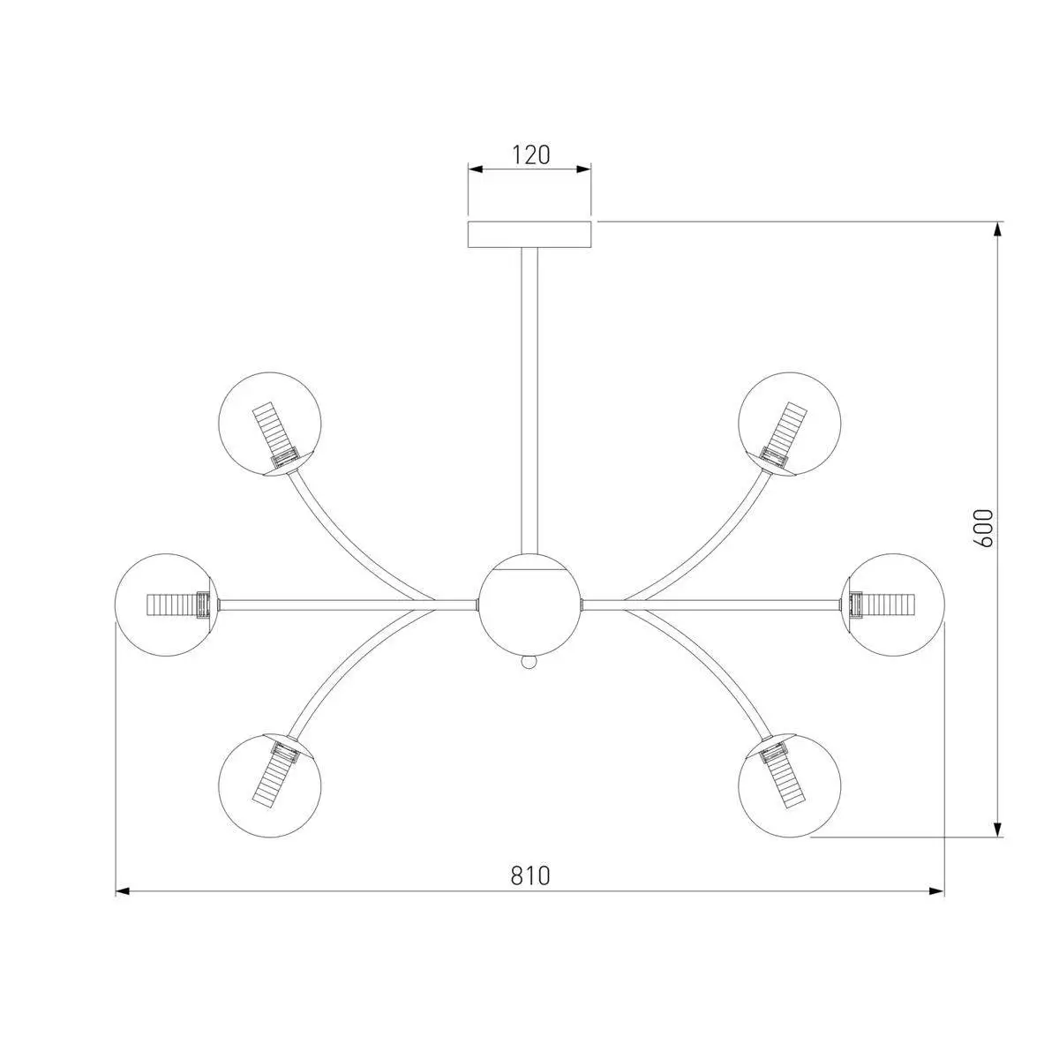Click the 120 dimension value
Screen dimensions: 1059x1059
point(531,155)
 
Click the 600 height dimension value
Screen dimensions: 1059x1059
point(983,528)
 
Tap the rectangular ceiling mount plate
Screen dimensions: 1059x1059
point(529,235)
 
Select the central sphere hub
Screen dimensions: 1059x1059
point(529,605)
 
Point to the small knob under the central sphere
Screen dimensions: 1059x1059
point(529,664)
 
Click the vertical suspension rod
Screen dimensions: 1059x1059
point(529,402)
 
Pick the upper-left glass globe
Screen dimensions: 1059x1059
point(270,424)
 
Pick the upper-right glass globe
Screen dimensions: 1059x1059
point(789,424)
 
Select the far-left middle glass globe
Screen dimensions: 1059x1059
point(167,605)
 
